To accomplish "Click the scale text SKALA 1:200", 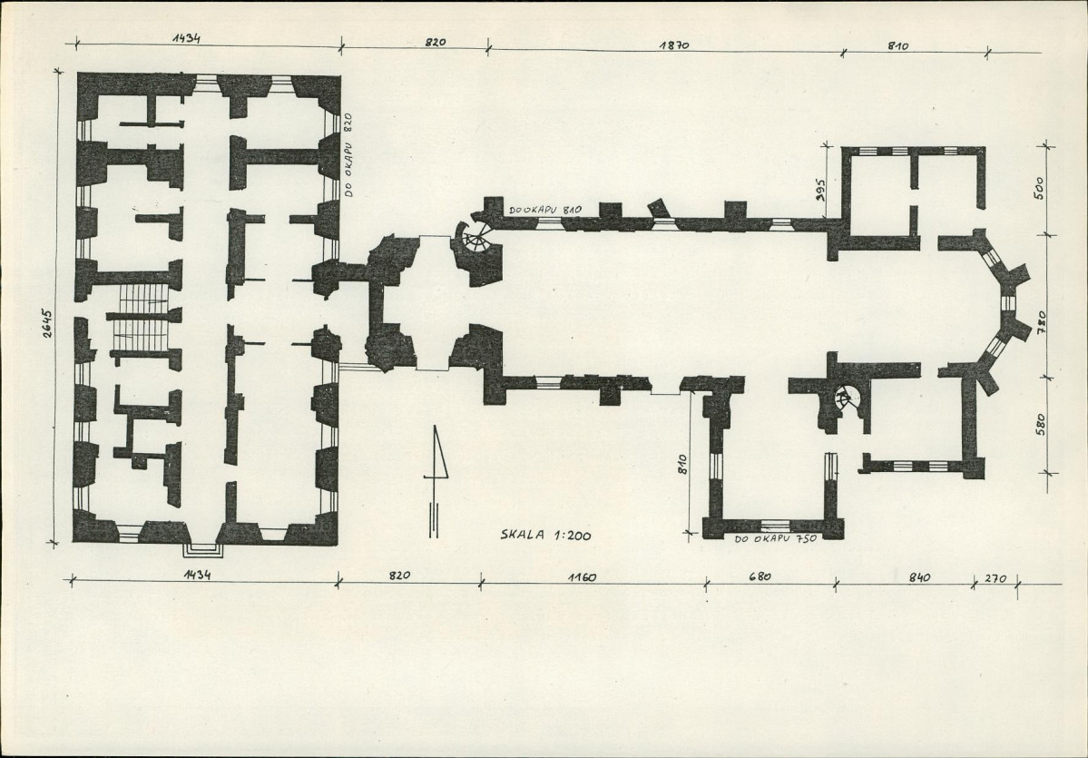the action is tap(545, 535).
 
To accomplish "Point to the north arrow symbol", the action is tap(435, 481).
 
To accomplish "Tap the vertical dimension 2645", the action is tap(46, 322).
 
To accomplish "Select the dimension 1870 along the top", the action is tap(674, 45).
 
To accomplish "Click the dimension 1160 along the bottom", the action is tap(582, 576).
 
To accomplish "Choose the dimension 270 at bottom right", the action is tap(995, 578).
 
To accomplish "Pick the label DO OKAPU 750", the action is tap(775, 538).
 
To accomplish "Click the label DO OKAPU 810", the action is tap(544, 209).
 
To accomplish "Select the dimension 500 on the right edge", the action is tap(1039, 187).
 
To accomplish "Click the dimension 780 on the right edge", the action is tap(1041, 323).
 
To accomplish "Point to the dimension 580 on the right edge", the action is tap(1040, 424).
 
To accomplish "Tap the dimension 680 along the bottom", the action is tap(760, 576).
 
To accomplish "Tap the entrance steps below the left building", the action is tap(203, 549).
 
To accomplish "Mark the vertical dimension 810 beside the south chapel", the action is tap(682, 464).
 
